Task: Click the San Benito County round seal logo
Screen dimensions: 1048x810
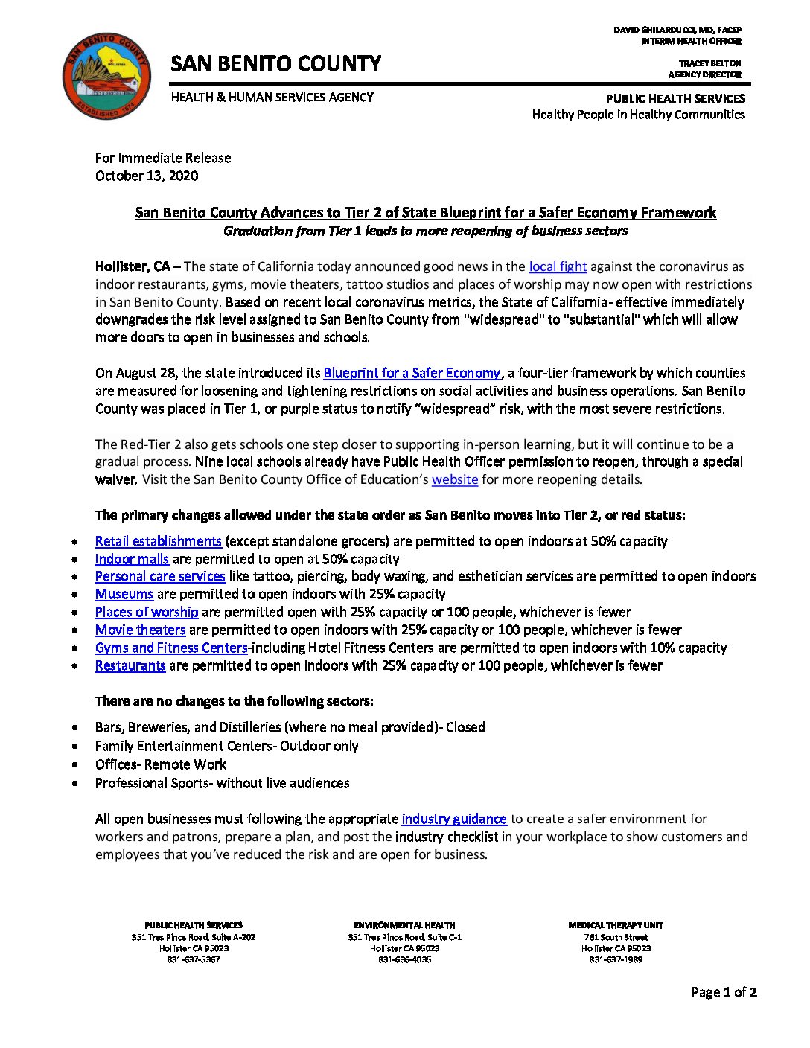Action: [x=106, y=76]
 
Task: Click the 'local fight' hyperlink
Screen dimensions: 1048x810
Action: [x=558, y=266]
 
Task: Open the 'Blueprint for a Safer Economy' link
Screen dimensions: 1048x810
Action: [x=412, y=373]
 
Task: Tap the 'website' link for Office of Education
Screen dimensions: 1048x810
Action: [x=454, y=479]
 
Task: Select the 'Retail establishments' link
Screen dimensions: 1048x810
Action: [x=158, y=541]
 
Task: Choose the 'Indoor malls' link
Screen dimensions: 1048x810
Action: [x=132, y=559]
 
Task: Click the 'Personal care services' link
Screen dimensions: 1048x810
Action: [x=160, y=576]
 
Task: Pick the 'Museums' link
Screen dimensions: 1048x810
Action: [x=124, y=594]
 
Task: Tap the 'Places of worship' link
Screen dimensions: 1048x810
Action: [x=147, y=612]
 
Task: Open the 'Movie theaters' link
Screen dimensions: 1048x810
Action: [x=140, y=630]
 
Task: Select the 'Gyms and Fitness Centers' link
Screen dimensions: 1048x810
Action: [x=171, y=648]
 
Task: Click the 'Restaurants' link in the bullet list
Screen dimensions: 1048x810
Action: [x=130, y=665]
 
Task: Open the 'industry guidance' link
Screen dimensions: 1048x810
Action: [x=454, y=819]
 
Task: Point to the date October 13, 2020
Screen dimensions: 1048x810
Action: [x=147, y=176]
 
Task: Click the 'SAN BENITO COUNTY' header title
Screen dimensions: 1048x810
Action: [x=275, y=64]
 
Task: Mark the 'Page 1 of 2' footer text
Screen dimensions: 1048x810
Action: [x=724, y=992]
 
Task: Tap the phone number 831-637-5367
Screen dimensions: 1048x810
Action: [x=194, y=959]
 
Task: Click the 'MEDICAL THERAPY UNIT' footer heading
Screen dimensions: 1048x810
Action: [x=616, y=925]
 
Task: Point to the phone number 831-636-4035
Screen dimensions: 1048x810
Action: [x=404, y=959]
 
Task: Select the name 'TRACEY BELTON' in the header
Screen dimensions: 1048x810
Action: [x=709, y=63]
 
